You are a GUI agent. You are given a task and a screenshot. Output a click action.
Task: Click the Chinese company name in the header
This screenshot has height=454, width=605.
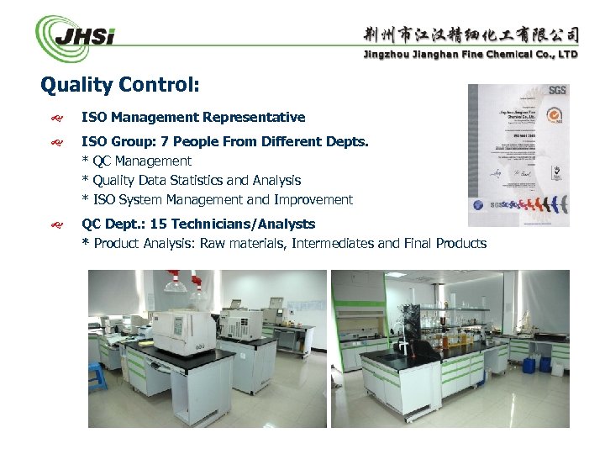pyautogui.click(x=471, y=34)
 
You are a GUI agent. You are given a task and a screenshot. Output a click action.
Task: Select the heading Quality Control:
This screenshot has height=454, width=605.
pyautogui.click(x=120, y=85)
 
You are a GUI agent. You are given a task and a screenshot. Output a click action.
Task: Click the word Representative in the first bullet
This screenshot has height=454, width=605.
pyautogui.click(x=260, y=117)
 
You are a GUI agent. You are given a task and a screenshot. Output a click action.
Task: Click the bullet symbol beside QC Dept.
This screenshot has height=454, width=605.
pyautogui.click(x=58, y=224)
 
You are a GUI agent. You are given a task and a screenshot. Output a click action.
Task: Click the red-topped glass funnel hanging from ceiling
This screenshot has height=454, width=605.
pyautogui.click(x=176, y=282)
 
